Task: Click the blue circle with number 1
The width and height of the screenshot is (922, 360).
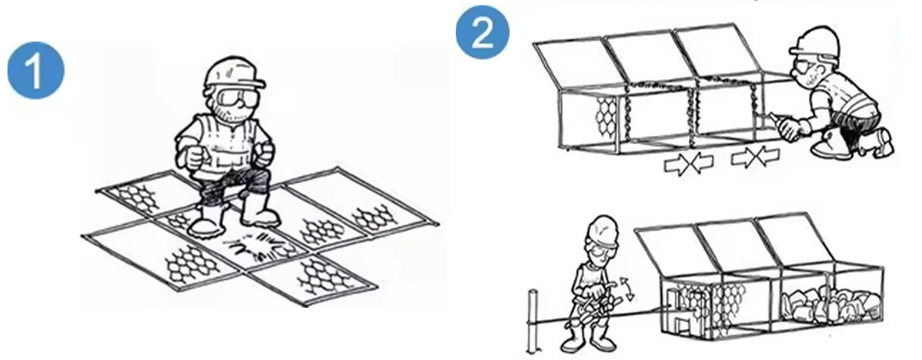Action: [36, 70]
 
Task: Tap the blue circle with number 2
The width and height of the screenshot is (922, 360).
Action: [483, 33]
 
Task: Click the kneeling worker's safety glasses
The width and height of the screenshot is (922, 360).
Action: [805, 67]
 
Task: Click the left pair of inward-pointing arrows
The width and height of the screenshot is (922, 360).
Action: [689, 163]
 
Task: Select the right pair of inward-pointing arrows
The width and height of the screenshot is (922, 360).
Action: [755, 156]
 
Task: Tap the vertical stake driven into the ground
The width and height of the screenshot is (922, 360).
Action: [532, 322]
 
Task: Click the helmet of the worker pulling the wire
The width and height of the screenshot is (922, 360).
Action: [603, 231]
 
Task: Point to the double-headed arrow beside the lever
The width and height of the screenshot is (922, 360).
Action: [627, 289]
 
